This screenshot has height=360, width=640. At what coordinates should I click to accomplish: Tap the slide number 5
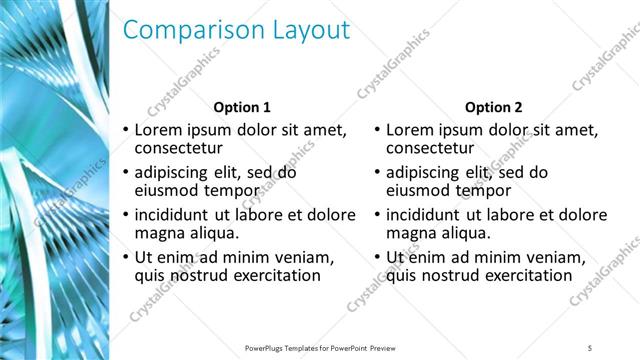tap(591, 347)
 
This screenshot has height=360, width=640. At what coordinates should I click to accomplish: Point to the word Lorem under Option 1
tap(159, 130)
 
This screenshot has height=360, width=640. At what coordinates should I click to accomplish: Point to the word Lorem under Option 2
tap(411, 130)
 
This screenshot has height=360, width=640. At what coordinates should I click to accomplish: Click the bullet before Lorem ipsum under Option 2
tap(375, 131)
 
